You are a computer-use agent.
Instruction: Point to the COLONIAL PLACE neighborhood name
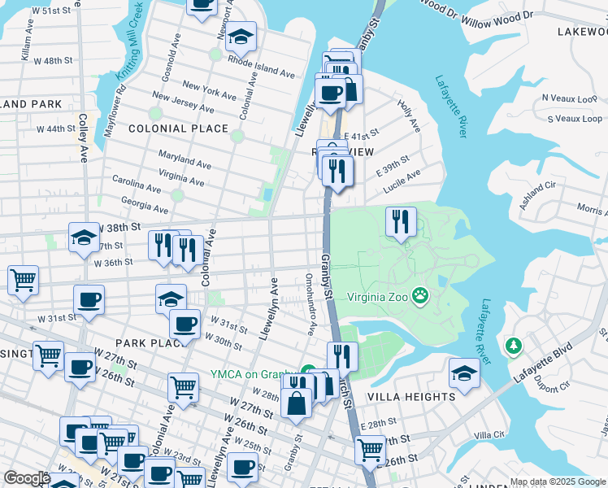pyautogui.click(x=178, y=129)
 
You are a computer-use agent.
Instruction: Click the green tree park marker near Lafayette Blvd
pyautogui.click(x=513, y=346)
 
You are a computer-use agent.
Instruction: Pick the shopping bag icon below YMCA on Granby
pyautogui.click(x=297, y=402)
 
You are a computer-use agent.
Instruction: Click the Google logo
pyautogui.click(x=27, y=478)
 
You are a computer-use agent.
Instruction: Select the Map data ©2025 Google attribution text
pyautogui.click(x=558, y=481)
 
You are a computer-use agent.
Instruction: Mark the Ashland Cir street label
pyautogui.click(x=537, y=196)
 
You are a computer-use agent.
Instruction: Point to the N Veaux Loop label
pyautogui.click(x=567, y=98)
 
